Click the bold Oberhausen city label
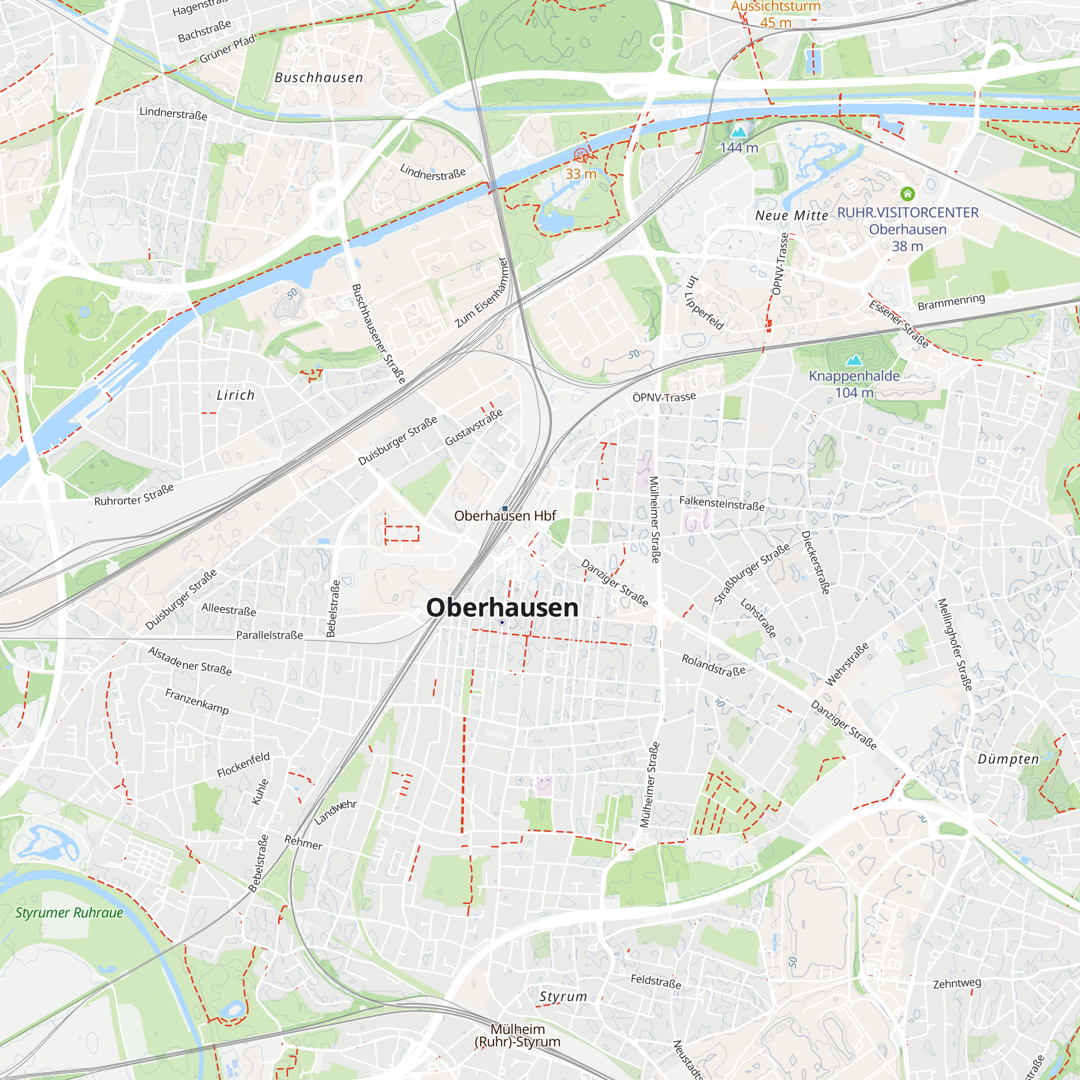tap(502, 607)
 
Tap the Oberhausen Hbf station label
tap(505, 515)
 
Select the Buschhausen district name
tap(319, 78)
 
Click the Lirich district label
tap(235, 395)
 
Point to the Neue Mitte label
tap(792, 216)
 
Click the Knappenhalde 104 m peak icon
tap(854, 360)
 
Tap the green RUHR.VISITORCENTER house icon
tap(907, 194)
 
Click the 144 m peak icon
tap(739, 132)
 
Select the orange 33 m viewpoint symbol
tap(582, 156)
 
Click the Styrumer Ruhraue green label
tap(69, 913)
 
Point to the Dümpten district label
tap(1008, 759)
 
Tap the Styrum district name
tap(563, 997)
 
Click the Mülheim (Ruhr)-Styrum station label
tap(517, 1035)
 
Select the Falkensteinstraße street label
tap(721, 503)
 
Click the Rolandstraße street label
tap(713, 665)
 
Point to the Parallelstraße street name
tap(269, 635)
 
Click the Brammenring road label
tap(951, 302)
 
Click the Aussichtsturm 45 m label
tap(776, 14)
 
